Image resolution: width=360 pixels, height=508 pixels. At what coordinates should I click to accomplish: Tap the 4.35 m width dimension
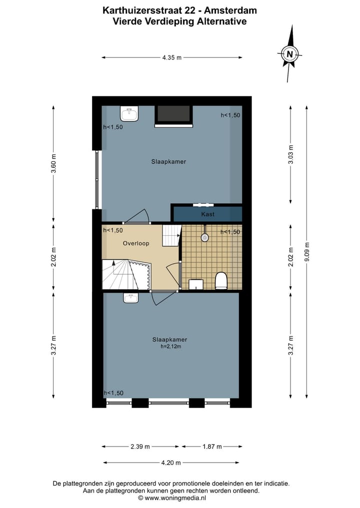tap(172, 57)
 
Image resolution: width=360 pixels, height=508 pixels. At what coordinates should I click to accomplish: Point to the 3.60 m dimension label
tap(53, 163)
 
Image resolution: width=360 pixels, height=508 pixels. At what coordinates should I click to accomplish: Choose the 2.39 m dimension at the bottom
tap(140, 447)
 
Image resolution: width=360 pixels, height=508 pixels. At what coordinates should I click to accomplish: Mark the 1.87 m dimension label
tap(212, 447)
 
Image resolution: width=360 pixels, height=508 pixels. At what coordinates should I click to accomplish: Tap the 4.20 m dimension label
tap(171, 463)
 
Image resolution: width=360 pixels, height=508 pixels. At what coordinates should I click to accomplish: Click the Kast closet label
tap(208, 214)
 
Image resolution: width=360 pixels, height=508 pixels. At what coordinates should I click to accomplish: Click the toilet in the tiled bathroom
tap(221, 281)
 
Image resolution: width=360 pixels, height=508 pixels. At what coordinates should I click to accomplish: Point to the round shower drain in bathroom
tap(205, 238)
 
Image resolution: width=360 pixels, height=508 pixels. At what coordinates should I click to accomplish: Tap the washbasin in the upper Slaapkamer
tap(130, 114)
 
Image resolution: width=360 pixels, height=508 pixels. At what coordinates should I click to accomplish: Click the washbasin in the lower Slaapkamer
tap(131, 298)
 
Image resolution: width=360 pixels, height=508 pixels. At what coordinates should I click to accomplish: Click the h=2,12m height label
tap(170, 347)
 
